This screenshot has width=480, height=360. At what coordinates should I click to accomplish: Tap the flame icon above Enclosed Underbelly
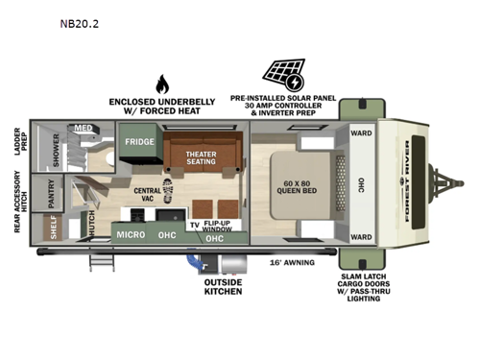coord(160,84)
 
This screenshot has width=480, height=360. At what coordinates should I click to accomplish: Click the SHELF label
coord(51,227)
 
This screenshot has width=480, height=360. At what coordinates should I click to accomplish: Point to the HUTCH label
coord(91,226)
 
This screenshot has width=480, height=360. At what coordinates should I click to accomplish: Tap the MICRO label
coord(131,234)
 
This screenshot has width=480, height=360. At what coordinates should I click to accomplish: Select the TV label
coord(193,226)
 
